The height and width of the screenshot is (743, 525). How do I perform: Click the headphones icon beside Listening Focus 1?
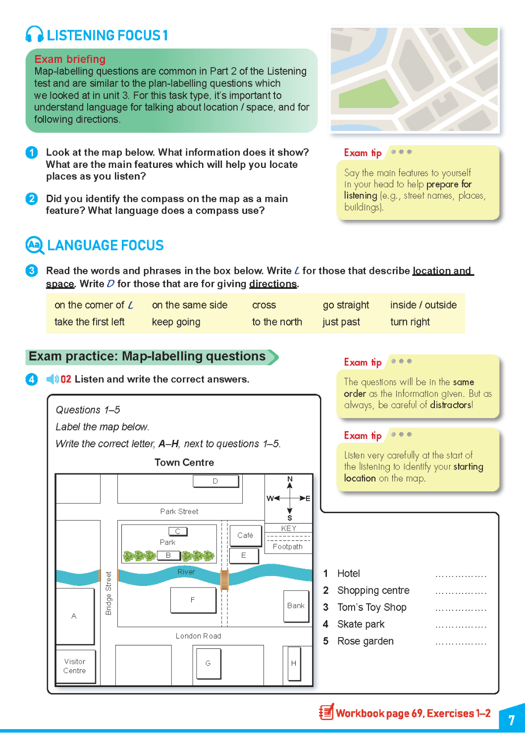pos(34,35)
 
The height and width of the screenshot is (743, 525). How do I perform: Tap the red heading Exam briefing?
pos(70,59)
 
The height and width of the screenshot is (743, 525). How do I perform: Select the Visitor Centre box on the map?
pos(75,666)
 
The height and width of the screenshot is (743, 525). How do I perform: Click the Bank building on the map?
pos(296,606)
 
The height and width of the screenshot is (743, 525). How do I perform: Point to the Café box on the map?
pos(245,535)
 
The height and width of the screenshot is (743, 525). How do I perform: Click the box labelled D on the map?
pos(215,481)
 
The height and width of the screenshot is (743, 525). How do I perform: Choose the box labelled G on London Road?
pos(208,663)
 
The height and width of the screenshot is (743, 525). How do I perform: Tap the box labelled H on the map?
pos(294,663)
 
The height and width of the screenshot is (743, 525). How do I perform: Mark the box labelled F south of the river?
pos(193,600)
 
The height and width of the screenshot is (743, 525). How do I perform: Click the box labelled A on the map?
pos(74,616)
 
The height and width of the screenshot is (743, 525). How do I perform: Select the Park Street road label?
pos(179,512)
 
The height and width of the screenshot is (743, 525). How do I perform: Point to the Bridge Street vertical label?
pos(108,593)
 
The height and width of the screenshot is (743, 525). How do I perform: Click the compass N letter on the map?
pos(290,479)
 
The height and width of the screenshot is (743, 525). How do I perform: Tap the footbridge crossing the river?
pos(224,580)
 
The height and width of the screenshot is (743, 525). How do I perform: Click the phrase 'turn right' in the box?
pos(410,322)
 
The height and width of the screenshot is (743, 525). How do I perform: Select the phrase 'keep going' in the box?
pos(176,322)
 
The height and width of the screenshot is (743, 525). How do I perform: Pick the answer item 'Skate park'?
pos(361,624)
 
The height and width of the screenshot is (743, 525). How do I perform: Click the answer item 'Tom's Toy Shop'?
pos(371,607)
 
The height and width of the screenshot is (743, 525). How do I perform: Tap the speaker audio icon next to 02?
pos(52,379)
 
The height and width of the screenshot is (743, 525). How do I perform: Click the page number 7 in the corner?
pos(512,720)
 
